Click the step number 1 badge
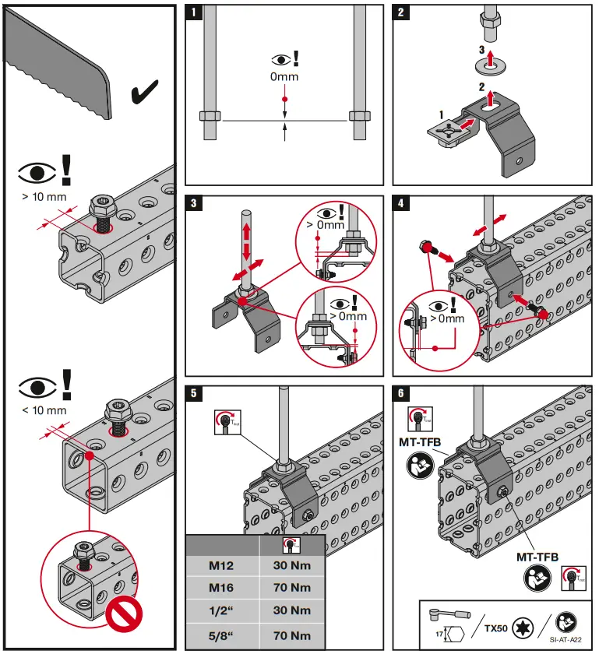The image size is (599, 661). [x=194, y=13]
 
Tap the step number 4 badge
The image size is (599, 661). [x=401, y=205]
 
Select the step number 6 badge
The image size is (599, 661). [x=401, y=394]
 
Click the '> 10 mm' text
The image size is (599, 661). [x=44, y=196]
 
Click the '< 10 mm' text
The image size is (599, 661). [x=44, y=410]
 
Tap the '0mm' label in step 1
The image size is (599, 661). [x=284, y=76]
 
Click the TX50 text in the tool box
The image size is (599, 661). [x=497, y=626]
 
